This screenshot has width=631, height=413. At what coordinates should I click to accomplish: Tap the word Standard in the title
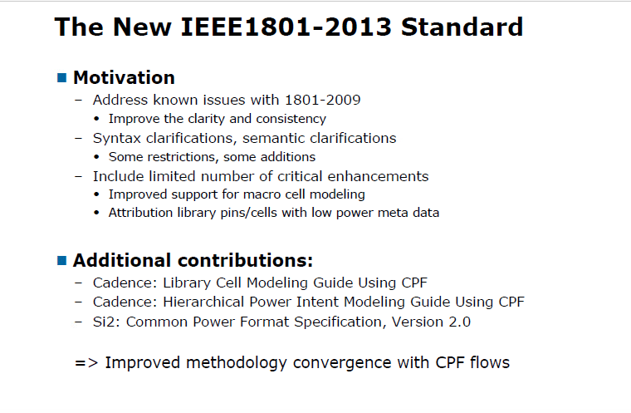click(462, 27)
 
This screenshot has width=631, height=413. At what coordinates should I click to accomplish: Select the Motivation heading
click(124, 78)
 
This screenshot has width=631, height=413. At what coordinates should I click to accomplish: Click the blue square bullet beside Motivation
click(61, 78)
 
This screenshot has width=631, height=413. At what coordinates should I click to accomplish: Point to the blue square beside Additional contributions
click(61, 260)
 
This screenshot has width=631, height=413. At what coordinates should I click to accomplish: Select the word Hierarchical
click(198, 302)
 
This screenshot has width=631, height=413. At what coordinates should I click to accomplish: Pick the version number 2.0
click(459, 321)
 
